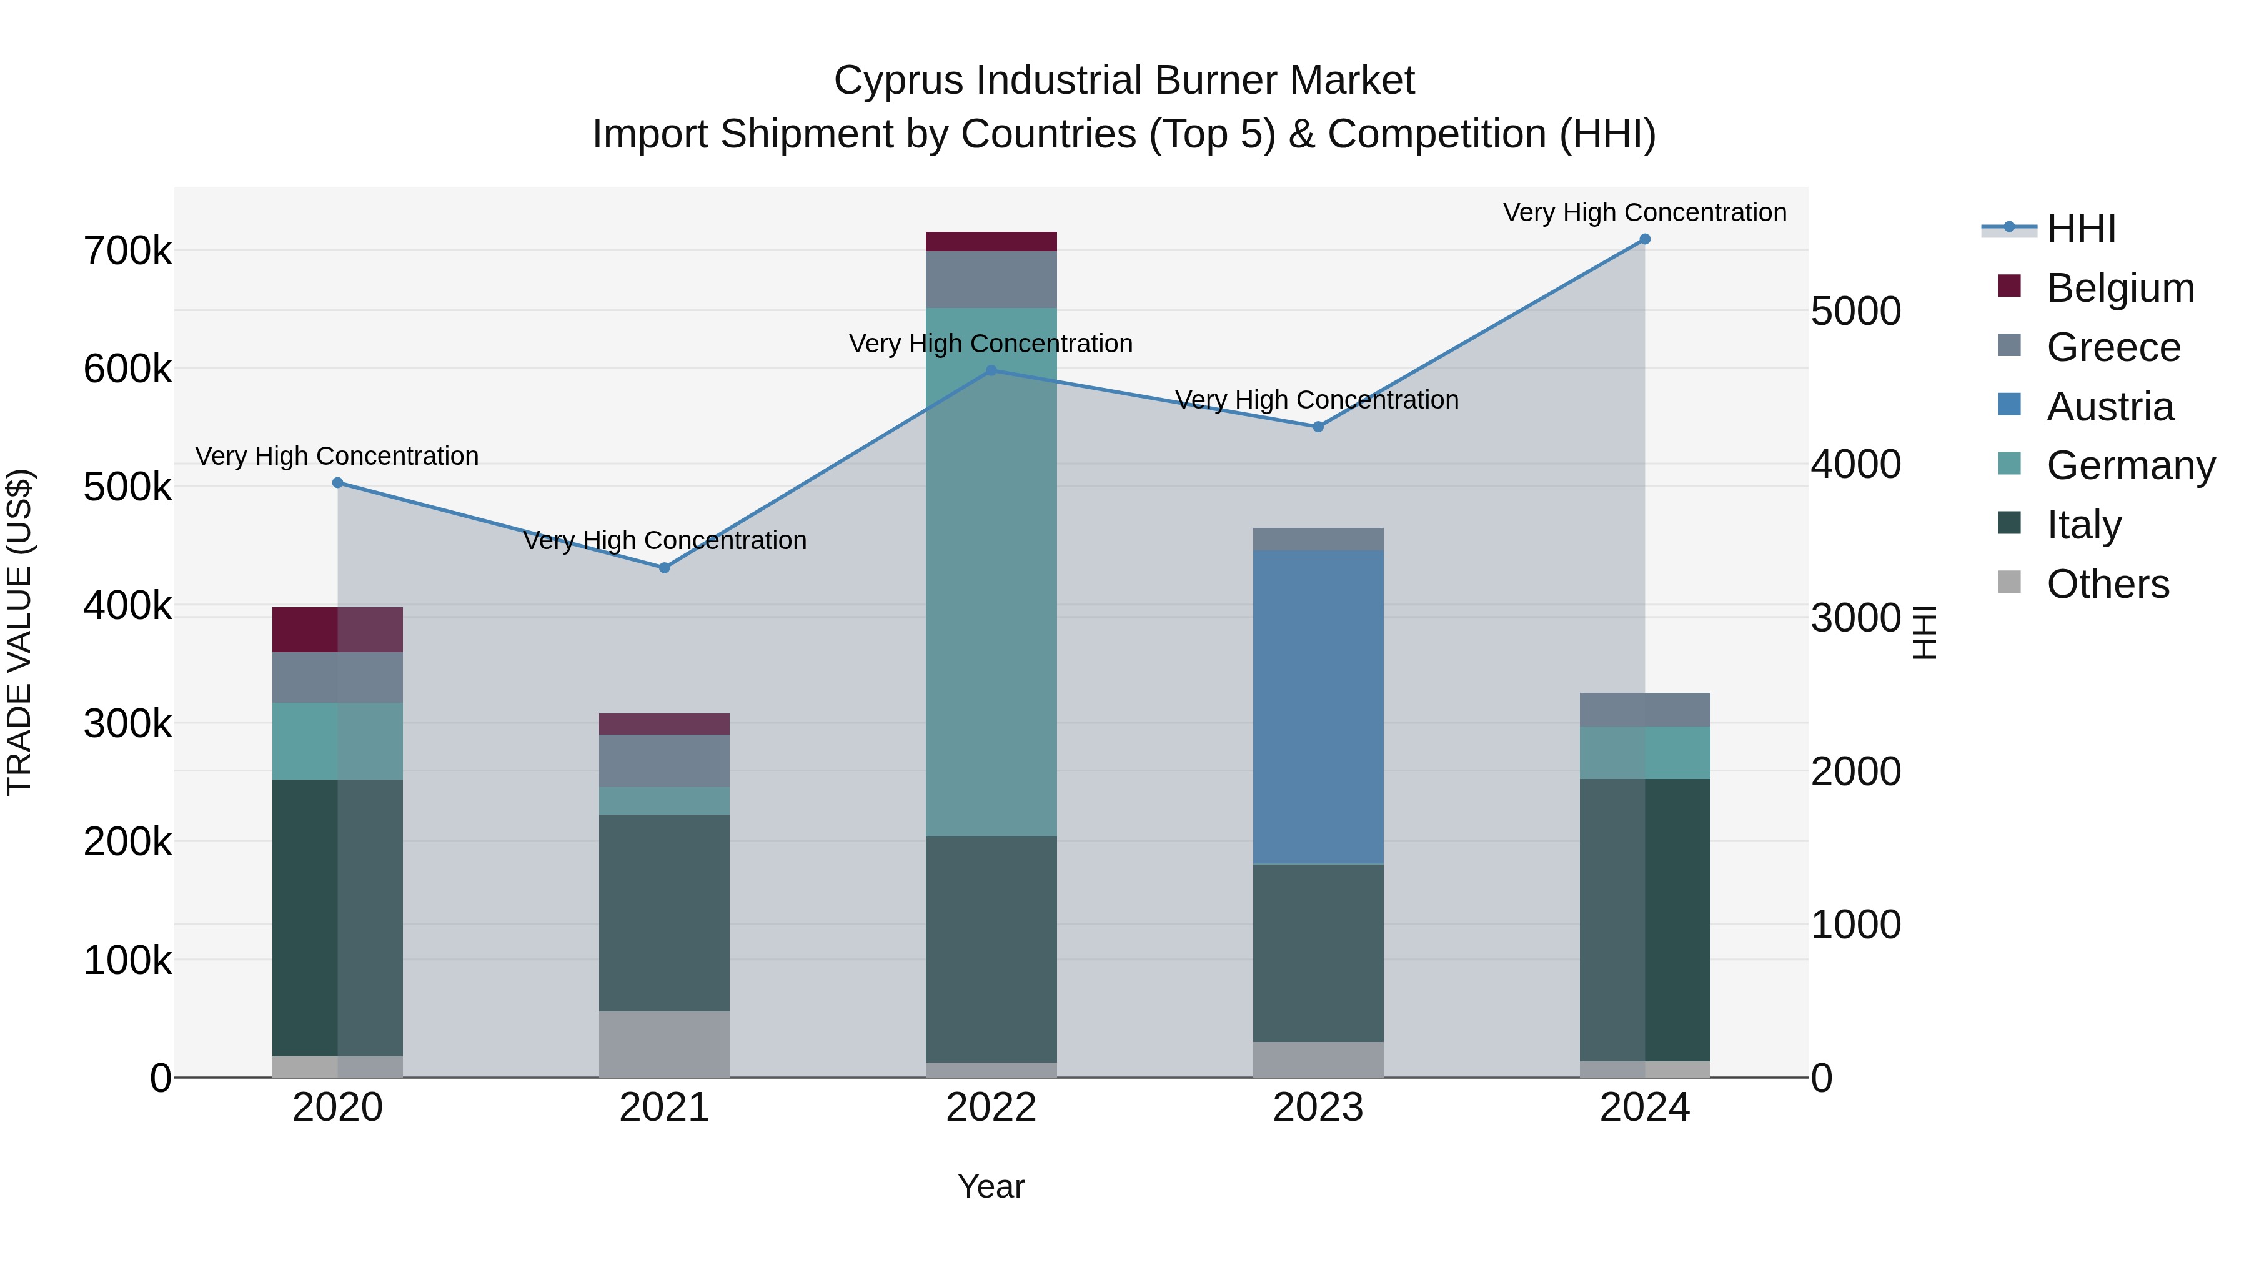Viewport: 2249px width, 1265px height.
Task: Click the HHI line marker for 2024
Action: tap(1644, 239)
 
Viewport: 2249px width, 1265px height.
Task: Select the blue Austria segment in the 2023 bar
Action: tap(1318, 707)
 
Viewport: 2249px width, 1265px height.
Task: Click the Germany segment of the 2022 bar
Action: tap(991, 572)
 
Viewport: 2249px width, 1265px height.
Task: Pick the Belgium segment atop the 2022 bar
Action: tap(991, 242)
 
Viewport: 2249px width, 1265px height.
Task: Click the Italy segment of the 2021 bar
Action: tap(665, 912)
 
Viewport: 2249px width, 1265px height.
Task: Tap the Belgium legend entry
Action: tap(2120, 288)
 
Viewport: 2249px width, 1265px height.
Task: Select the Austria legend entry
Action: tap(2109, 407)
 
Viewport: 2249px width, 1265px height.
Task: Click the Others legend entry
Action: tap(2108, 584)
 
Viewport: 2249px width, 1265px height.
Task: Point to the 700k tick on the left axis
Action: tap(127, 251)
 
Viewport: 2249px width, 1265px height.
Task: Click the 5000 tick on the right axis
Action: tap(1855, 312)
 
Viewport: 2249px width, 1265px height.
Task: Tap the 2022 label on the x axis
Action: tap(991, 1108)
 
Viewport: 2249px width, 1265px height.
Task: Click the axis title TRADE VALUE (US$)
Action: tap(19, 632)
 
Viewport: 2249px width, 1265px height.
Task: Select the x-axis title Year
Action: tap(991, 1186)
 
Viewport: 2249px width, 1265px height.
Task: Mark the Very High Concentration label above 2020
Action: tap(337, 456)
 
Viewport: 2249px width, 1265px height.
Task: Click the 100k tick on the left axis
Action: tap(127, 960)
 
